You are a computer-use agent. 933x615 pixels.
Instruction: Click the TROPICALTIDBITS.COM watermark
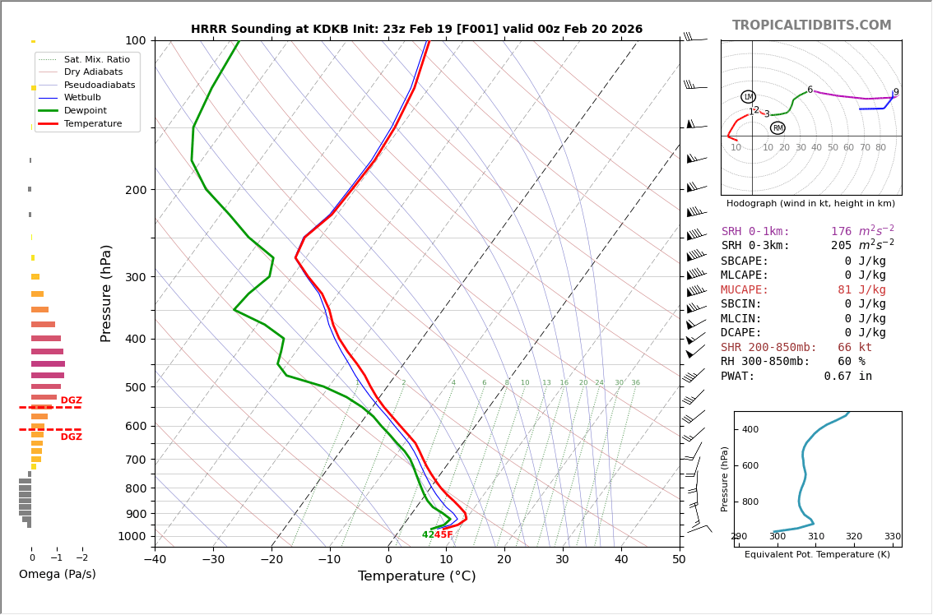[811, 25]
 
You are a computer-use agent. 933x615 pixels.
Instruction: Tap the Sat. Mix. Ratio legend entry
[96, 59]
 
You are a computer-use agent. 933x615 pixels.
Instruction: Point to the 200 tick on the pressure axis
[136, 190]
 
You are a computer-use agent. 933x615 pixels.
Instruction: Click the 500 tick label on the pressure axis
[136, 387]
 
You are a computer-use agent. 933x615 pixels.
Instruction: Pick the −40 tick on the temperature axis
[155, 560]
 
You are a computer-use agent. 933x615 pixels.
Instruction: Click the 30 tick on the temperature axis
[563, 560]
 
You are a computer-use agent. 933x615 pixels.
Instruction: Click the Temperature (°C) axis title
[416, 576]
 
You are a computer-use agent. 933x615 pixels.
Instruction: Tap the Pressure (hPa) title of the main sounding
[107, 293]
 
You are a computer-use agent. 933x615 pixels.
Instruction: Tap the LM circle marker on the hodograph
[748, 97]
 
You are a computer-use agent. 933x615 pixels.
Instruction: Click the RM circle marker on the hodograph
[777, 128]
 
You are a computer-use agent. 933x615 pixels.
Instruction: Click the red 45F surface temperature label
[443, 535]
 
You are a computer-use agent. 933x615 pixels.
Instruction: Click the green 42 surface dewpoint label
[428, 535]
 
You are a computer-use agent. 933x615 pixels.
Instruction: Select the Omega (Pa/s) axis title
[57, 574]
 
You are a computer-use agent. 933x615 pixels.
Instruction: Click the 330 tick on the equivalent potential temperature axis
[892, 537]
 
